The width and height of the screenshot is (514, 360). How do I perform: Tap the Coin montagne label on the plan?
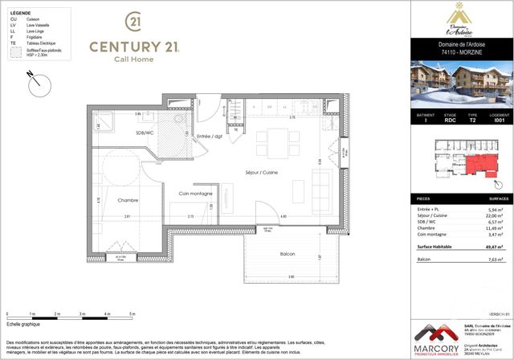(x=195, y=194)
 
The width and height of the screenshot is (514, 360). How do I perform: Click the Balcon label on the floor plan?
(x=287, y=254)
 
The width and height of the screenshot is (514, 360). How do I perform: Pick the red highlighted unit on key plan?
(x=480, y=167)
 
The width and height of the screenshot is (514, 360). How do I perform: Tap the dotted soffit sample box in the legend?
(x=13, y=53)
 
